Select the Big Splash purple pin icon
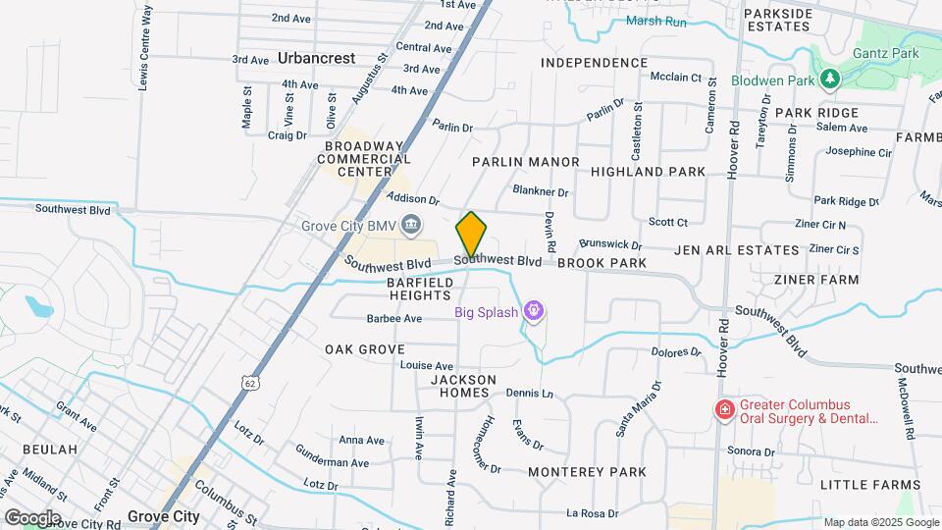[534, 312]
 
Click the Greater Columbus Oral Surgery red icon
[724, 409]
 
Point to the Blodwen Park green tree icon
[831, 79]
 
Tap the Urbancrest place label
[316, 58]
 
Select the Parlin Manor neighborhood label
[525, 161]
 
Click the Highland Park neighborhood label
[648, 172]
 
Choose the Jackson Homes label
[463, 386]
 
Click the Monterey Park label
[587, 472]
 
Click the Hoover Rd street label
[732, 148]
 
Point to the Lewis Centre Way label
[145, 47]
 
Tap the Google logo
[32, 518]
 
